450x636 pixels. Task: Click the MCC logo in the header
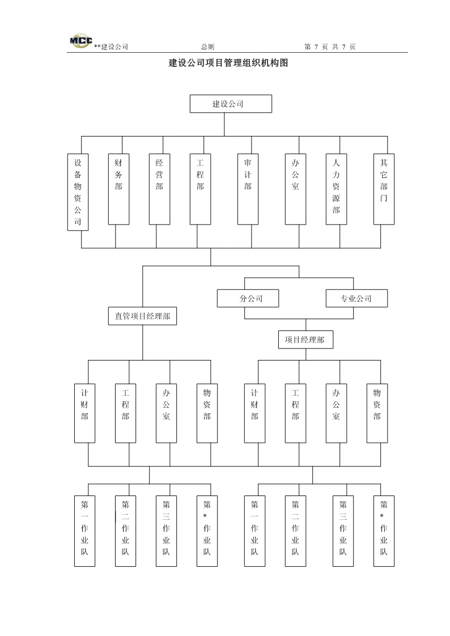[x=81, y=41]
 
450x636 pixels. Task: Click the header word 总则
[x=207, y=46]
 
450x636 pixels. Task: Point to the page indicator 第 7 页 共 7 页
[x=330, y=46]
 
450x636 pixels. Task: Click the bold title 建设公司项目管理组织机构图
[x=228, y=63]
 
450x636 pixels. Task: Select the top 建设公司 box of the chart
[x=231, y=104]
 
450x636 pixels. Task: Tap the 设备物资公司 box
[x=78, y=192]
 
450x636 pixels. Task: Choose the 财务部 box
[x=119, y=189]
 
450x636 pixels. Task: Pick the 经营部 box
[x=159, y=189]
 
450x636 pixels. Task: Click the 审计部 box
[x=248, y=189]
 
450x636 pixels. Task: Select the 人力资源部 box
[x=336, y=189]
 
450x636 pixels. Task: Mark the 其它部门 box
[x=384, y=189]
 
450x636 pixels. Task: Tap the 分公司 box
[x=248, y=299]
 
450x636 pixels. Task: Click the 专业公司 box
[x=356, y=299]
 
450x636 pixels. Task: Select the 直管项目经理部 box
[x=142, y=316]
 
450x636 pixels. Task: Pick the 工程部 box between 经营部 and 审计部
[x=200, y=189]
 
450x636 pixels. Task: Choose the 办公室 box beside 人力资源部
[x=295, y=189]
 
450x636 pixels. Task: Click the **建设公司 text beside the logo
[x=111, y=46]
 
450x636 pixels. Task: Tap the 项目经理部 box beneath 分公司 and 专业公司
[x=305, y=340]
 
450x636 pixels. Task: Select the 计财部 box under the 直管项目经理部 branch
[x=85, y=413]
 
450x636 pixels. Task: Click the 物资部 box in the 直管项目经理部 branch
[x=207, y=413]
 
